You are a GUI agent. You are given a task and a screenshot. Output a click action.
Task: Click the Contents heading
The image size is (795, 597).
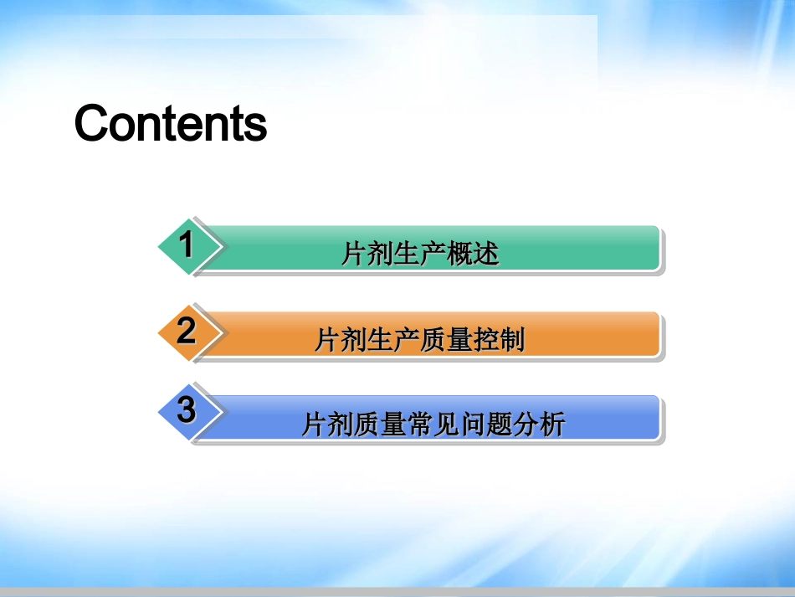[x=171, y=123]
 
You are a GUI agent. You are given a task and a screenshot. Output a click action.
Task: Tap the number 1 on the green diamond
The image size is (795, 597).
[x=187, y=244]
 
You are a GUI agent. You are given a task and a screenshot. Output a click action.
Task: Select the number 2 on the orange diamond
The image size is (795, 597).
[x=187, y=331]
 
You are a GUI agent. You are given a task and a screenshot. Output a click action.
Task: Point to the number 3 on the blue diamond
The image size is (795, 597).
[x=187, y=409]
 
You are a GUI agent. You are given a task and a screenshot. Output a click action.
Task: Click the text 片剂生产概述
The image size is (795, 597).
[x=420, y=253]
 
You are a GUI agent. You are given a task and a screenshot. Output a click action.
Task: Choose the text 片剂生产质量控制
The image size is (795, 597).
[x=420, y=339]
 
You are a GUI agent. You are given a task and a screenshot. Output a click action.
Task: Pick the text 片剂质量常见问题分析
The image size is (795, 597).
[x=433, y=424]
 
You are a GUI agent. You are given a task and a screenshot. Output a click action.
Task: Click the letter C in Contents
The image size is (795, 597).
[x=90, y=123]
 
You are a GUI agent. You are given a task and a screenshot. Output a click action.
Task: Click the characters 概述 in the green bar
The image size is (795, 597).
[x=473, y=253]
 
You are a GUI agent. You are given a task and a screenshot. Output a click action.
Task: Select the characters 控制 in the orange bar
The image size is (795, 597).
[x=499, y=339]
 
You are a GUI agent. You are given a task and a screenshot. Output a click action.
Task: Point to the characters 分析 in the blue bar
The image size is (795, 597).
[x=539, y=424]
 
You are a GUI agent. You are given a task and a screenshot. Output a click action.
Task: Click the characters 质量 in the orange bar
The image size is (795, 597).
[x=446, y=339]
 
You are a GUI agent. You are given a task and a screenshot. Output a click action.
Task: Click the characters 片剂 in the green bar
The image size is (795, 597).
[x=367, y=253]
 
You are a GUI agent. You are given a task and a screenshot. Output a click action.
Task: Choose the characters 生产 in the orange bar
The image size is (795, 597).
[x=393, y=339]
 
